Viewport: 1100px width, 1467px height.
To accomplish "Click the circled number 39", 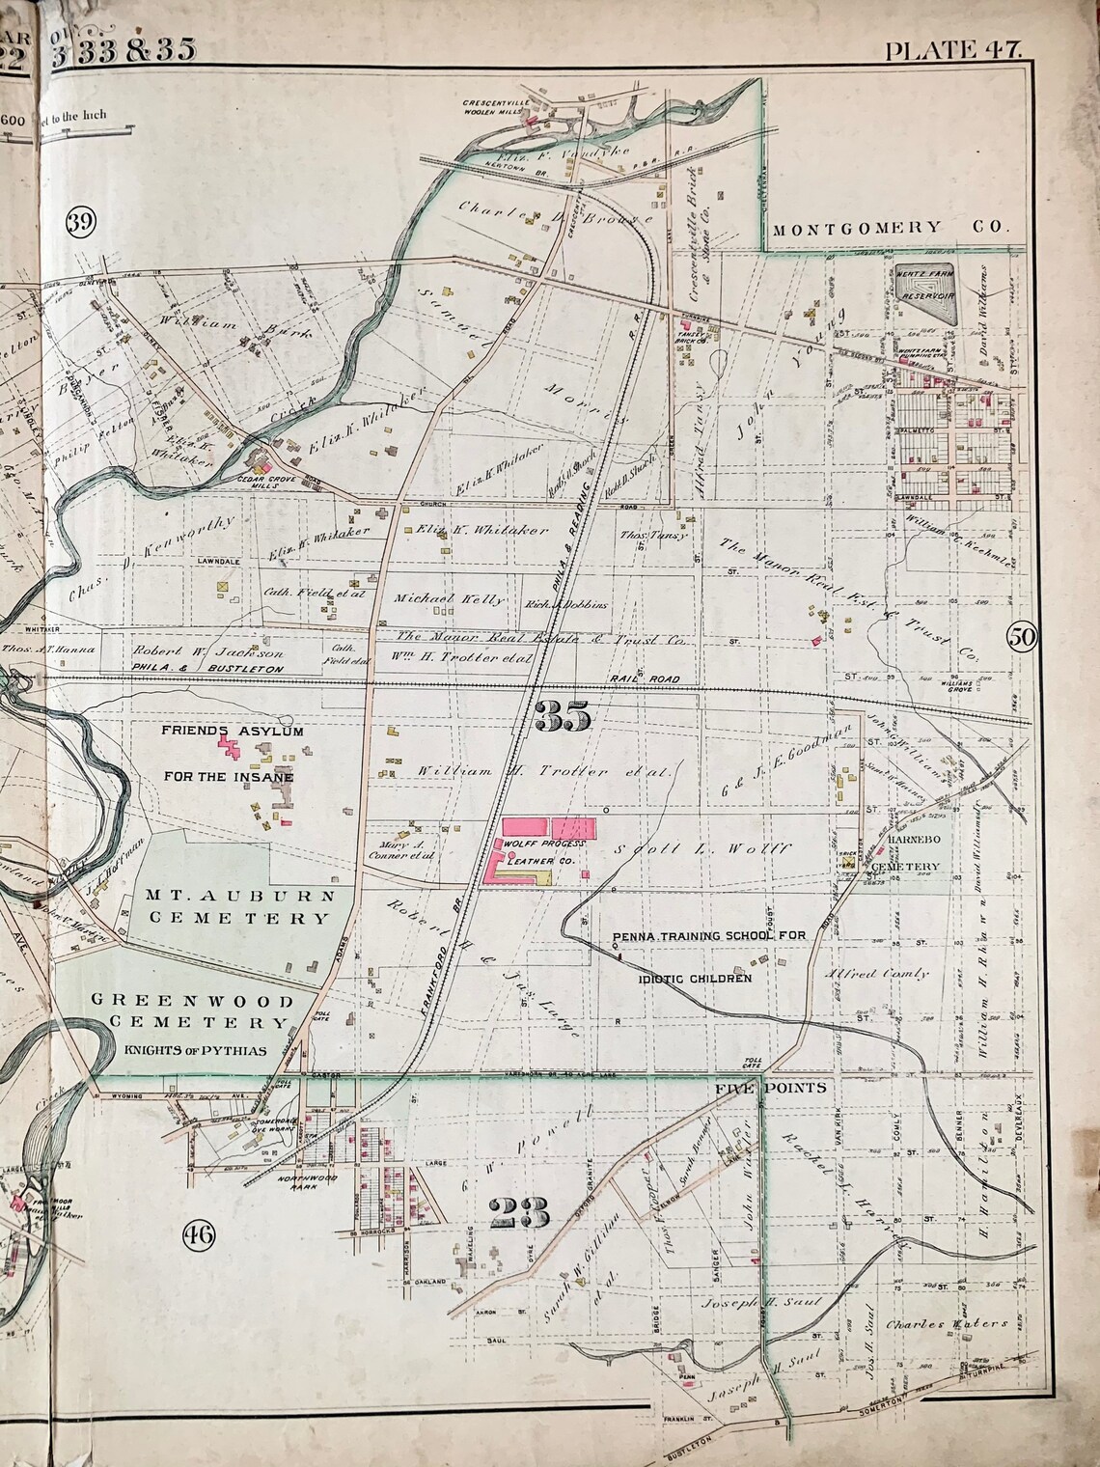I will click(81, 222).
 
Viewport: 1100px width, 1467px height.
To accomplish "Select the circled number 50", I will click(1022, 636).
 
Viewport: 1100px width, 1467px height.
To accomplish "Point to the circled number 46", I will click(199, 1232).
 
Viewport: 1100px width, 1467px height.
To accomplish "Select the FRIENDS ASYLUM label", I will click(233, 733).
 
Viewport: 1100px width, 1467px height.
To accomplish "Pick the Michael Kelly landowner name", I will click(449, 599).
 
